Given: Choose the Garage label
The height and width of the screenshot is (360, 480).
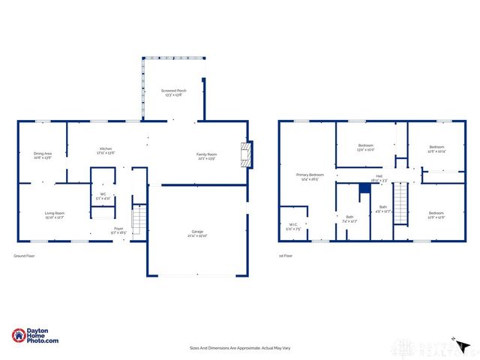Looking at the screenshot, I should tap(197, 234).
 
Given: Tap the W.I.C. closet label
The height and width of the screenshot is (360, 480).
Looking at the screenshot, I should tap(294, 226).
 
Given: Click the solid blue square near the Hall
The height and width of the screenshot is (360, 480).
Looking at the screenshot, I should tap(364, 188).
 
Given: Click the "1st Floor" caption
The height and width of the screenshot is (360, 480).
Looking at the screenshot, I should tap(285, 256).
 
